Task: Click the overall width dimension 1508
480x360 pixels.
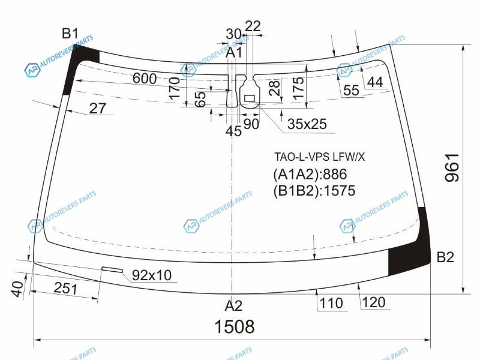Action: (x=235, y=326)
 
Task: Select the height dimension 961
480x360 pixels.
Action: (x=452, y=168)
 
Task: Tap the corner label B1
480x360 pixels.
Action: (x=70, y=34)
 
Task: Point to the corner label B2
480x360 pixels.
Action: (x=445, y=257)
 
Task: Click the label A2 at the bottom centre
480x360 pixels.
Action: (x=233, y=305)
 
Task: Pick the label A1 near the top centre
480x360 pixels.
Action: (x=234, y=52)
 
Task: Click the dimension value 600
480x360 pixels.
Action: (x=145, y=79)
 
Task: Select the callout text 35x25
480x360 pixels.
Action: (x=307, y=124)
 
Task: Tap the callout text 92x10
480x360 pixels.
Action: (x=152, y=275)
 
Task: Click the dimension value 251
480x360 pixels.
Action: (x=66, y=289)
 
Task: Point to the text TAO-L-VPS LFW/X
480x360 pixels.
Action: (x=320, y=157)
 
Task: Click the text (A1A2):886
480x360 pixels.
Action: (x=310, y=174)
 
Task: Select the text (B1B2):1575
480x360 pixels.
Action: (x=314, y=190)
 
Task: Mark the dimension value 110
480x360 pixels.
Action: (x=331, y=303)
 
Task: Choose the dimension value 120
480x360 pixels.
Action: (x=373, y=302)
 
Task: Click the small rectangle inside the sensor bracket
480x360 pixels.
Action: (x=250, y=98)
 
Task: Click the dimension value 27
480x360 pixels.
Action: (x=98, y=108)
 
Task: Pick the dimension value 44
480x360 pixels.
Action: (x=375, y=82)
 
